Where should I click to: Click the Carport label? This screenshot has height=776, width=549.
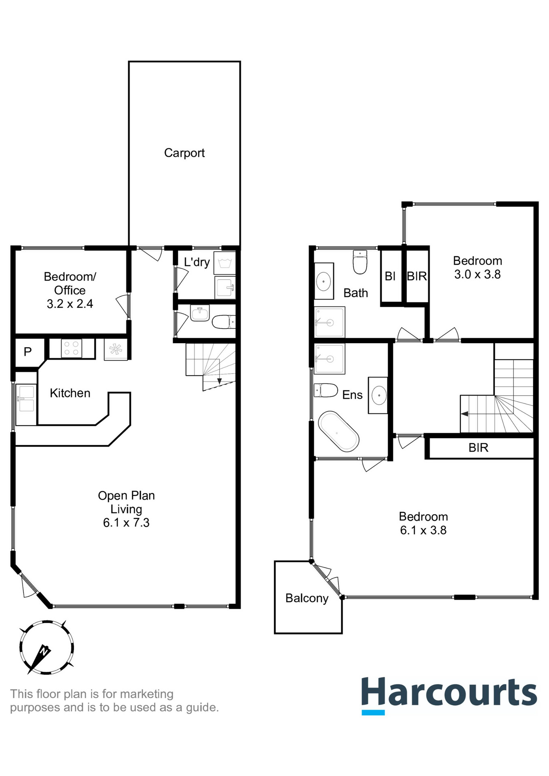[x=184, y=153]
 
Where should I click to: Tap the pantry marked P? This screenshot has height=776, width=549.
[x=27, y=352]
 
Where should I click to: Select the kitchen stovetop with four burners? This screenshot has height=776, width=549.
[x=72, y=348]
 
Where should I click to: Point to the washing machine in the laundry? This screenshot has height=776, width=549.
[x=224, y=264]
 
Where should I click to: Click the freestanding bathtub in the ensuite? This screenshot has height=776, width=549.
[x=338, y=431]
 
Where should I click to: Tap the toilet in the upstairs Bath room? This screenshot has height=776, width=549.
[x=360, y=262]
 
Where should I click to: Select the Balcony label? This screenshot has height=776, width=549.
[x=307, y=598]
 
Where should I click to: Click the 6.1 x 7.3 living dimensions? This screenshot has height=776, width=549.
[x=126, y=523]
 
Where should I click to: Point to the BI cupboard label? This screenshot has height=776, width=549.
[x=390, y=276]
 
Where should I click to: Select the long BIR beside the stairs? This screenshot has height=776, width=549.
[x=479, y=448]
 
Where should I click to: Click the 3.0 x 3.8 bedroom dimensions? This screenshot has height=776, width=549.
[x=477, y=274]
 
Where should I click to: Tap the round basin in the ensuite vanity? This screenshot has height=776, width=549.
[x=378, y=395]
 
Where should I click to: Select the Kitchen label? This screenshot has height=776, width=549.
[x=70, y=393]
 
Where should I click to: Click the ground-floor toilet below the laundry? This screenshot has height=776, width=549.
[x=224, y=322]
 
